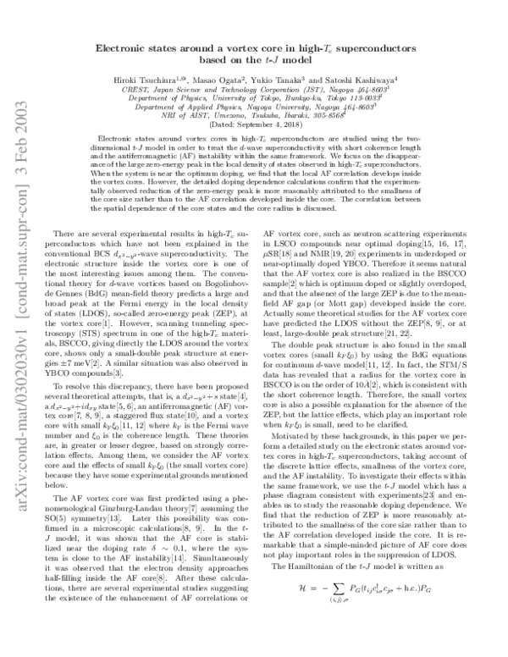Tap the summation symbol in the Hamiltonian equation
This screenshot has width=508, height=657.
pos(336,630)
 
